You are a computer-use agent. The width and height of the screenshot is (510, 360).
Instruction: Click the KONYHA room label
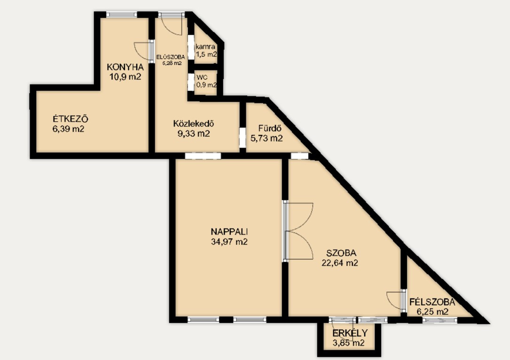125,67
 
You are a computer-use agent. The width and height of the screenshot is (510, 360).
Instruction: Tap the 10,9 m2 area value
126,77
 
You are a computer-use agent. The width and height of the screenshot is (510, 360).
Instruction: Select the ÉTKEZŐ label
70,119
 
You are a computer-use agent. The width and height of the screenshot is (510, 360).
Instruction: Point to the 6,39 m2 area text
68,129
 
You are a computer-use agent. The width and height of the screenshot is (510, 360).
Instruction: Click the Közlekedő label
194,124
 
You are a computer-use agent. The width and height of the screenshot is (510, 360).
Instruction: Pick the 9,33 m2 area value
194,133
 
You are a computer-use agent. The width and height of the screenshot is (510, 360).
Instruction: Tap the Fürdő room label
270,128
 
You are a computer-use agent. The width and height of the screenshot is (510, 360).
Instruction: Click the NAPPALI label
229,232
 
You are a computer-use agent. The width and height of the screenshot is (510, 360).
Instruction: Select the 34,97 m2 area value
229,242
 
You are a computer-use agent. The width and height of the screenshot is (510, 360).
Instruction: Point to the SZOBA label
341,253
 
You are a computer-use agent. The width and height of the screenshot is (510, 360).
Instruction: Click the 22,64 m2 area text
340,263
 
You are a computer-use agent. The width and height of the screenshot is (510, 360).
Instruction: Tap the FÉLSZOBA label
432,302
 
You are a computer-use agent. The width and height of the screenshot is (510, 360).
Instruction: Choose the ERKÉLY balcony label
350,333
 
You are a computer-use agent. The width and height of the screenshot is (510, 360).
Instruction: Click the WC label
202,78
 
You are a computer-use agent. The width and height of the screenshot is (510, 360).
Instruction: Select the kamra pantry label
205,47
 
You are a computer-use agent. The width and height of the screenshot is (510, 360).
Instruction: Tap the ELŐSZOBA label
171,57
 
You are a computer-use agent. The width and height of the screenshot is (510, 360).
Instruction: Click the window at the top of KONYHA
122,15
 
